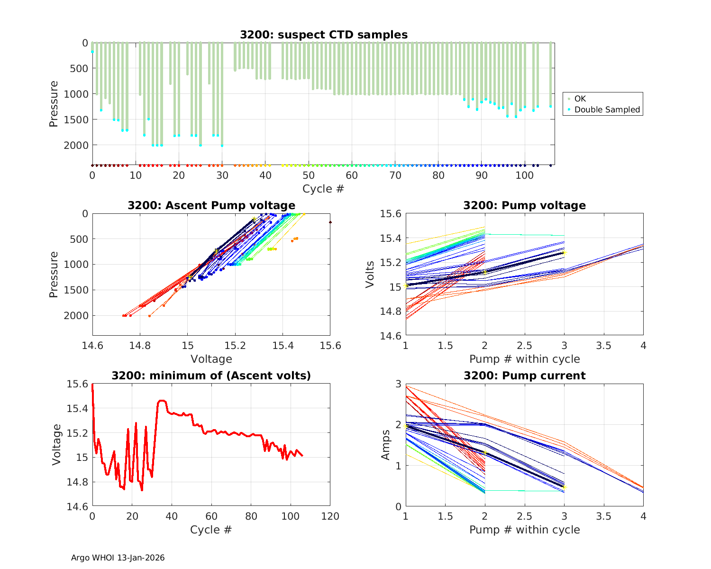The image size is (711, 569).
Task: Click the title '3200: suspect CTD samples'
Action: [x=323, y=35]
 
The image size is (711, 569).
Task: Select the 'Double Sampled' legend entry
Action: [x=607, y=110]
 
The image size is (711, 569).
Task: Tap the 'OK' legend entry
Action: [x=580, y=99]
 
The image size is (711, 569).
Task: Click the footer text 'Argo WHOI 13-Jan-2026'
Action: [x=118, y=558]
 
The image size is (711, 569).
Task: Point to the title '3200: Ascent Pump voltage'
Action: [x=211, y=205]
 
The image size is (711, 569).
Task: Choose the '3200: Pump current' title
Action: [x=524, y=376]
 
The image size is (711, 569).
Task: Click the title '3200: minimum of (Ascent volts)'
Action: [x=211, y=376]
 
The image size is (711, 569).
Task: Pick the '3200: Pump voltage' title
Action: [x=524, y=205]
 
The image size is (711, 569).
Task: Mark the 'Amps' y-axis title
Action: [x=386, y=445]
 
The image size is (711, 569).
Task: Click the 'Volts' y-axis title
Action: [x=370, y=275]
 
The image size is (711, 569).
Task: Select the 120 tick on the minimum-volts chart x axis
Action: [x=330, y=516]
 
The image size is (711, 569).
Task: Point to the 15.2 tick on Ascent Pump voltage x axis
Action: [x=235, y=346]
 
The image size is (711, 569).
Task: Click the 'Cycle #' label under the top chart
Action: [x=323, y=189]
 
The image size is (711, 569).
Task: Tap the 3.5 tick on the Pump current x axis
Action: [x=603, y=516]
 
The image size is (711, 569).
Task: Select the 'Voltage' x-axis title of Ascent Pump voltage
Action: [x=211, y=359]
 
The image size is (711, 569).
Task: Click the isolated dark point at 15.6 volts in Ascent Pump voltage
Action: [x=330, y=222]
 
